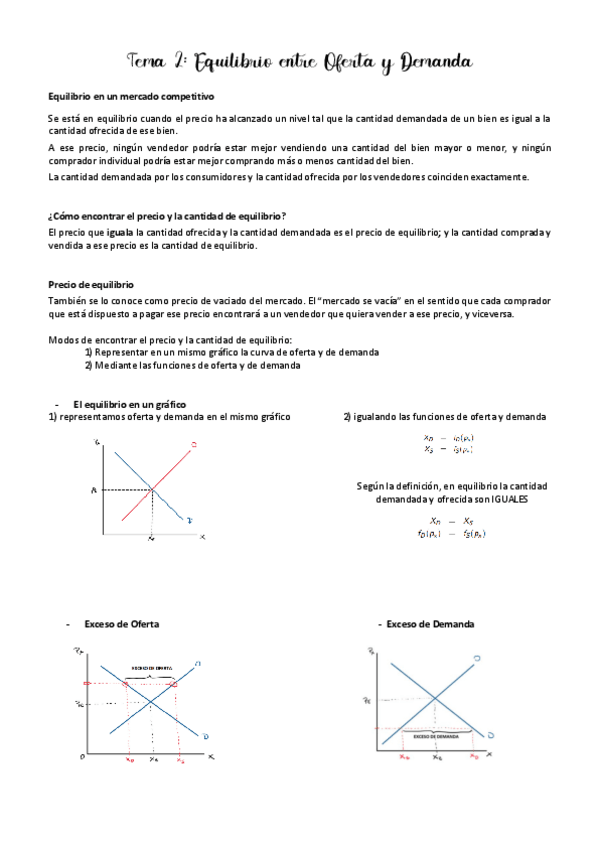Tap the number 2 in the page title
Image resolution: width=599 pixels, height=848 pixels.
tap(175, 62)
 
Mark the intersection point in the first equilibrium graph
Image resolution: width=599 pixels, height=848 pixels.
tap(152, 489)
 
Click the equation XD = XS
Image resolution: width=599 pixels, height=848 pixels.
tap(450, 521)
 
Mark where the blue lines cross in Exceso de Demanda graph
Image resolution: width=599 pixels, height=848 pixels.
tap(436, 697)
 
